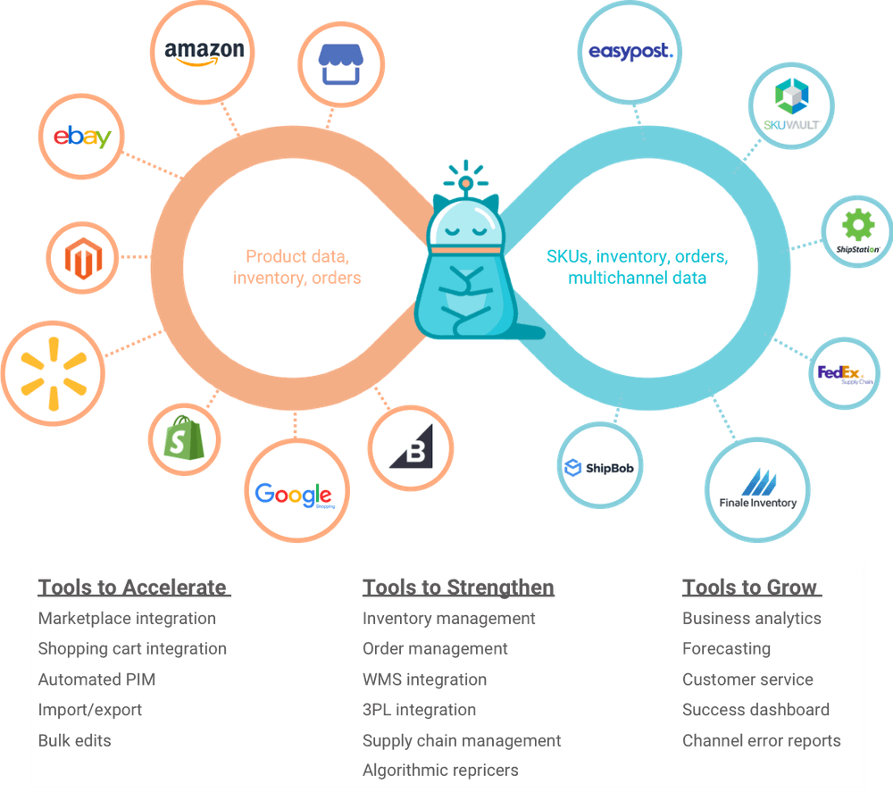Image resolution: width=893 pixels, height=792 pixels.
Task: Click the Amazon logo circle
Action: pyautogui.click(x=204, y=52)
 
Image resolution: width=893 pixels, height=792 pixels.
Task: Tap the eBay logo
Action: pyautogui.click(x=82, y=137)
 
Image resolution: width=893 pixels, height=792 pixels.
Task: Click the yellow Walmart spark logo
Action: pyautogui.click(x=53, y=368)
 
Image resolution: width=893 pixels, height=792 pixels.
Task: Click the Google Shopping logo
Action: pyautogui.click(x=294, y=494)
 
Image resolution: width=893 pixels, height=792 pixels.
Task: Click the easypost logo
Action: pyautogui.click(x=630, y=52)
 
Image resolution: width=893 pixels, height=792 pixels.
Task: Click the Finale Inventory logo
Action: pyautogui.click(x=758, y=486)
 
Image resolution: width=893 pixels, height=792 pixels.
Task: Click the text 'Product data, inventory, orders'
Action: pyautogui.click(x=297, y=267)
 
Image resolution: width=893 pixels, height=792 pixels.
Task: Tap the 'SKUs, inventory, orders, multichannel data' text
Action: pyautogui.click(x=638, y=267)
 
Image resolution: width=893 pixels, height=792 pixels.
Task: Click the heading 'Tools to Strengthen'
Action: pyautogui.click(x=458, y=587)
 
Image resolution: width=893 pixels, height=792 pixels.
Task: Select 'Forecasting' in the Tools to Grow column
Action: pyautogui.click(x=726, y=648)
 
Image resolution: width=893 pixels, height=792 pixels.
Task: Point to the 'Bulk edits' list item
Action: pyautogui.click(x=74, y=740)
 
